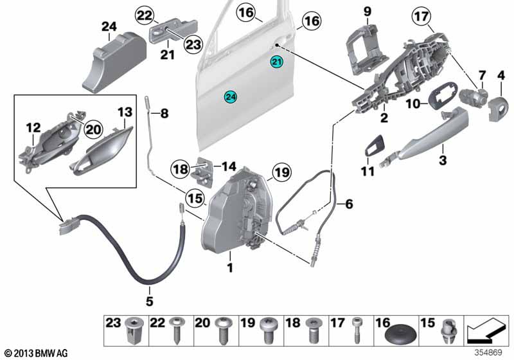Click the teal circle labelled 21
pos(276,62)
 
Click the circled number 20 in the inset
pos(93,129)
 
